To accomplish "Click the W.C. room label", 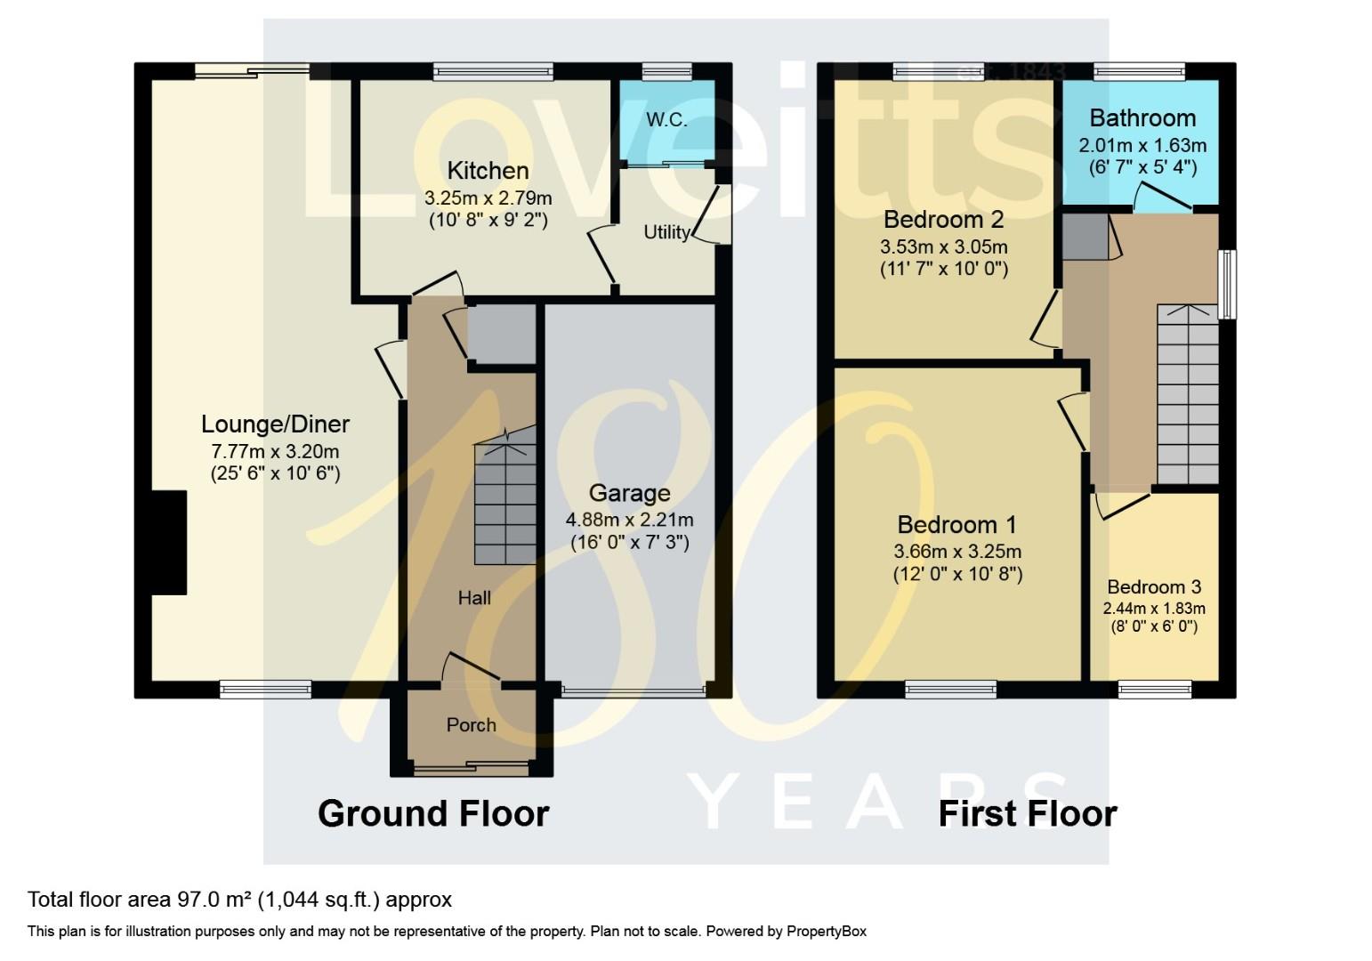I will [x=666, y=119].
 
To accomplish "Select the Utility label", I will [x=666, y=232].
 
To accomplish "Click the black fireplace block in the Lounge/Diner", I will [x=169, y=542].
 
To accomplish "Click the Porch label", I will [x=471, y=725].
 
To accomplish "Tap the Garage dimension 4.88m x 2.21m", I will [x=629, y=520].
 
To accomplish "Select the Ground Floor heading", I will [x=433, y=813].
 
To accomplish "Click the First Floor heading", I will [x=1028, y=813].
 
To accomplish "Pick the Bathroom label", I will [x=1142, y=117].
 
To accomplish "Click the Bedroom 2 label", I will [x=943, y=219].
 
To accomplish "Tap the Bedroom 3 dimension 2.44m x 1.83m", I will [x=1154, y=609].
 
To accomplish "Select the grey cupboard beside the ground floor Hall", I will [x=501, y=334].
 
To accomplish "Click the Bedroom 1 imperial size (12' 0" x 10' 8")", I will [x=957, y=574].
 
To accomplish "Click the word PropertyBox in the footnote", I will [x=825, y=932].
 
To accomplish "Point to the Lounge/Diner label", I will [x=275, y=424].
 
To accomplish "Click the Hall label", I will [x=474, y=598].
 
